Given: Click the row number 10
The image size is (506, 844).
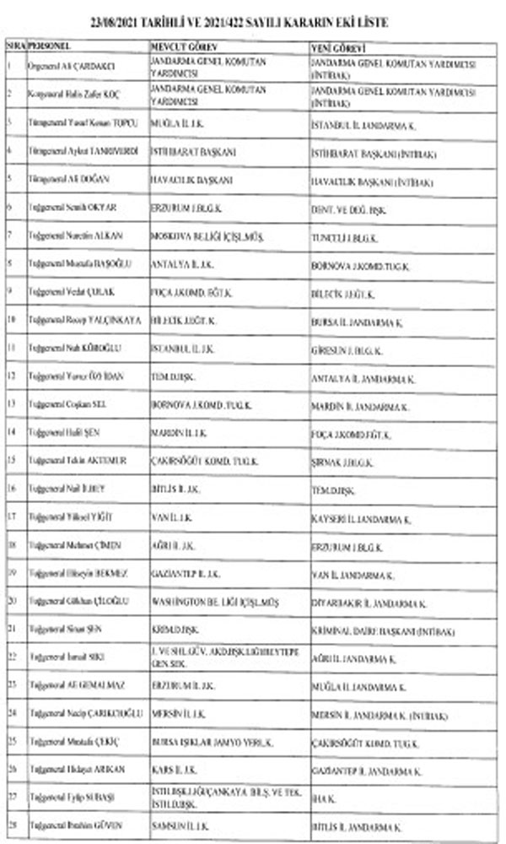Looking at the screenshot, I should pos(12,320).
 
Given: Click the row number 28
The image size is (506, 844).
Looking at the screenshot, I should pos(12,825).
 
